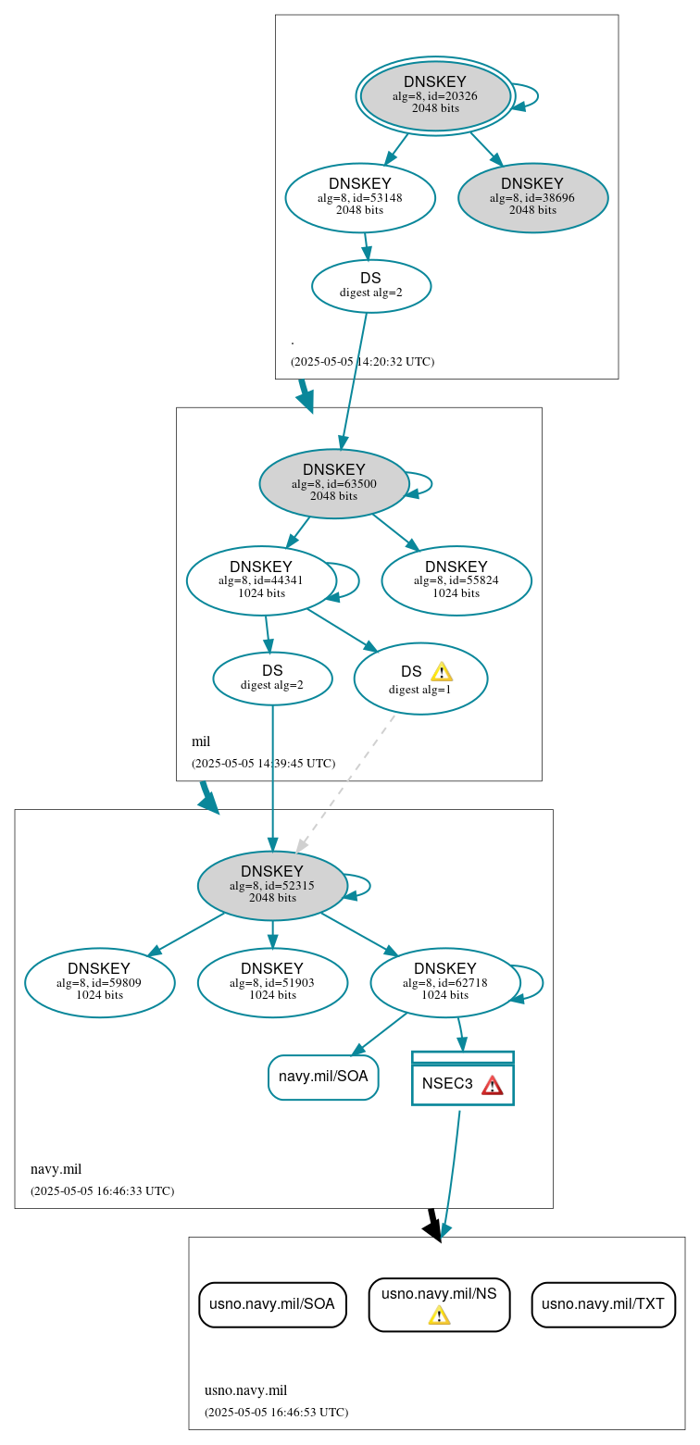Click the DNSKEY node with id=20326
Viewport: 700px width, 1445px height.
coord(434,96)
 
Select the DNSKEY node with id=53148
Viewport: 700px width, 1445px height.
coord(359,197)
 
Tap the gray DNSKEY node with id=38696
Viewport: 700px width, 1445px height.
coord(532,197)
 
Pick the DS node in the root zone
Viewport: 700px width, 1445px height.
coord(370,285)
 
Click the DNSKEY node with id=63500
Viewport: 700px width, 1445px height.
coord(333,483)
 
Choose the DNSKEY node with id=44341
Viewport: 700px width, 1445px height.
coord(260,580)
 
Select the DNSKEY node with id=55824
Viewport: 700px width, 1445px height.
coord(456,580)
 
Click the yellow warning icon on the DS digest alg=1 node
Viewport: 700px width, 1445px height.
coord(442,672)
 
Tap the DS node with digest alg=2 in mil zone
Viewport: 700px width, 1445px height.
coord(272,678)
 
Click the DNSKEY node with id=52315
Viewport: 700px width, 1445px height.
coord(271,885)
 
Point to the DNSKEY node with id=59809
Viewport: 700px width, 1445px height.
coord(99,982)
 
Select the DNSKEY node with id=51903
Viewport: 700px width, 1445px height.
coord(272,982)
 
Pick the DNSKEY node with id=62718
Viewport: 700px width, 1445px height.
coord(444,982)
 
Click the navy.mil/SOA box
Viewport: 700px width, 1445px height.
coord(323,1077)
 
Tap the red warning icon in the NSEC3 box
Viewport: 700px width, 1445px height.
coord(492,1084)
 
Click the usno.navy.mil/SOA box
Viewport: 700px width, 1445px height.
coord(272,1304)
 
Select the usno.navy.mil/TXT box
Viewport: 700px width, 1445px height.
coord(603,1304)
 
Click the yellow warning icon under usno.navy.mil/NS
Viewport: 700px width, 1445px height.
coord(439,1315)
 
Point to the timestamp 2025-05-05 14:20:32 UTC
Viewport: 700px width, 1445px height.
coord(362,362)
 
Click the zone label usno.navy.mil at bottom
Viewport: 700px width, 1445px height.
coord(245,1390)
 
